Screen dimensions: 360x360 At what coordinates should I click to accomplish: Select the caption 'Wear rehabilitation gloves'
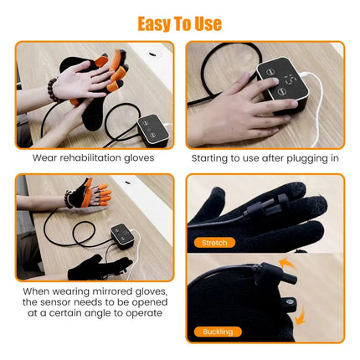pos(93,157)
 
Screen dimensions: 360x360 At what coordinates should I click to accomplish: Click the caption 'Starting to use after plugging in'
pos(264,157)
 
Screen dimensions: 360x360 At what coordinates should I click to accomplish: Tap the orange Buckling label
pos(218,332)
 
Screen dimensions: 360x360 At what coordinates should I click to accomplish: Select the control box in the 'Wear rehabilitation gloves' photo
pos(154,129)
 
